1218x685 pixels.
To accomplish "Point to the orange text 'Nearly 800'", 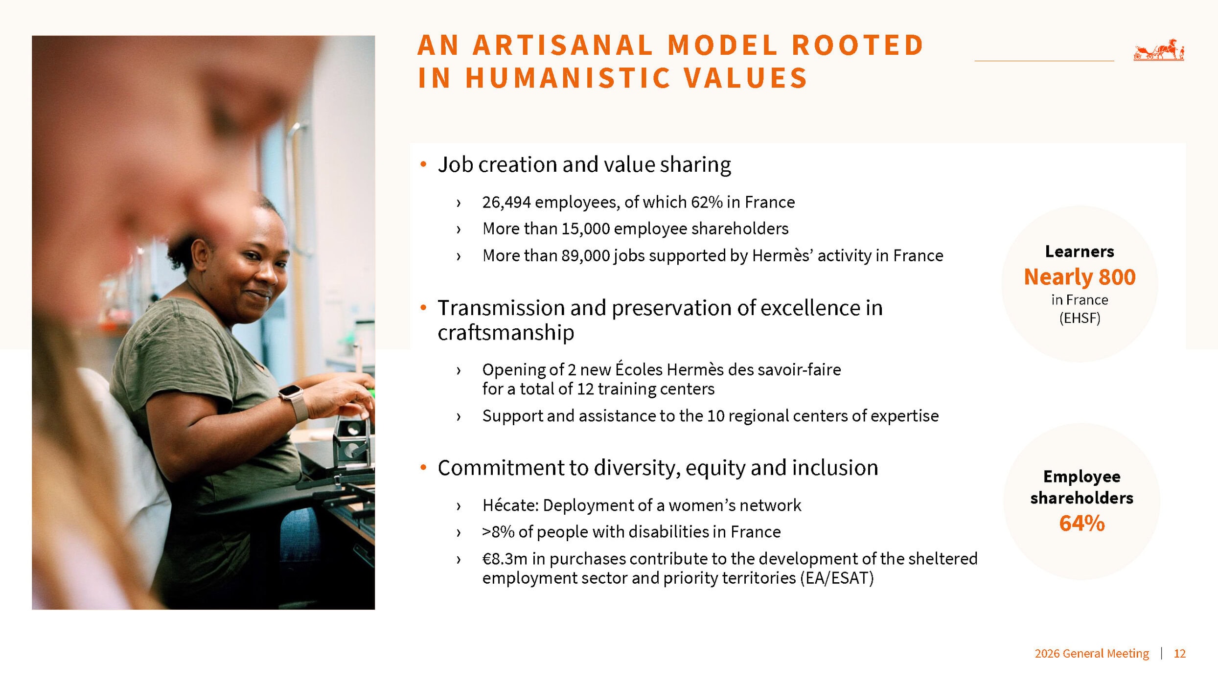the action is pyautogui.click(x=1080, y=277).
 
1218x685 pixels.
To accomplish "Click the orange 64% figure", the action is pyautogui.click(x=1082, y=523).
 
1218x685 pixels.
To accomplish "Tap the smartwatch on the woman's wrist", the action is pyautogui.click(x=294, y=399).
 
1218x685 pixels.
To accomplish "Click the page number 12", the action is pyautogui.click(x=1179, y=654).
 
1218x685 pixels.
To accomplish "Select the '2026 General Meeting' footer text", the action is pyautogui.click(x=1092, y=654).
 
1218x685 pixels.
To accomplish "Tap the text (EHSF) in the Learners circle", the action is pyautogui.click(x=1080, y=319).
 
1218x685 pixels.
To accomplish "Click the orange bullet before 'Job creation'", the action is pyautogui.click(x=424, y=164).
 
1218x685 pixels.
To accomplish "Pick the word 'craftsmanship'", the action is pyautogui.click(x=506, y=333).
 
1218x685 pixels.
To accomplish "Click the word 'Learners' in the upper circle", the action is pyautogui.click(x=1080, y=251).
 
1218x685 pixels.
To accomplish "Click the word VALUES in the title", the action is pyautogui.click(x=746, y=78).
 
